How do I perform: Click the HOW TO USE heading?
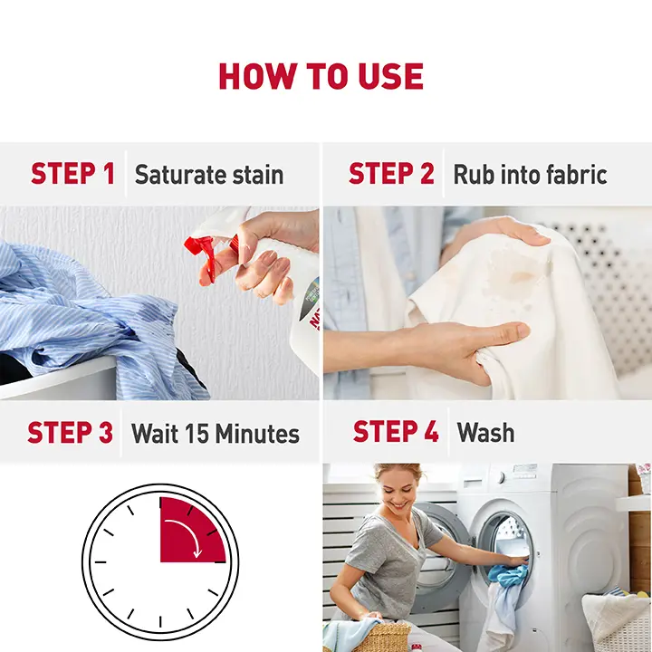coord(321,76)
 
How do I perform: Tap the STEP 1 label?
coord(72,173)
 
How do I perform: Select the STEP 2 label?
coord(391,173)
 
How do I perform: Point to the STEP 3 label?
coord(71,433)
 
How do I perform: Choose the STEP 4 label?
coord(396,431)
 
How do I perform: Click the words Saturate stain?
coord(209,174)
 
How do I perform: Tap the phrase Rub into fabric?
coord(530,174)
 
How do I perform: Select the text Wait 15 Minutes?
coord(216,433)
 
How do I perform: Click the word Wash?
coord(485,433)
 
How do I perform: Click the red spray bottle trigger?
coord(206,254)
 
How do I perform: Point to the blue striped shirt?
coord(96,321)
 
